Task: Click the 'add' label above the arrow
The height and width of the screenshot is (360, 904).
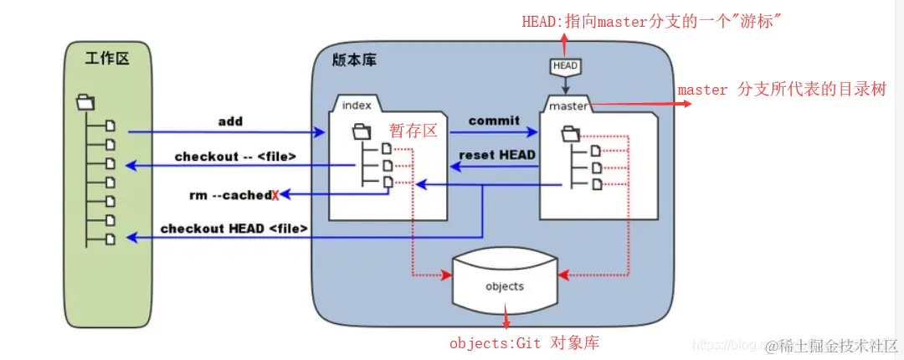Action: pyautogui.click(x=230, y=121)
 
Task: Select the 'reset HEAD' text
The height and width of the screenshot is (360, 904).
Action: pyautogui.click(x=497, y=155)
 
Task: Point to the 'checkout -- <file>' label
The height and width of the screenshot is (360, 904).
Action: pyautogui.click(x=235, y=157)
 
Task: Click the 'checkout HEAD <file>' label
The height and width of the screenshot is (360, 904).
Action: pyautogui.click(x=234, y=228)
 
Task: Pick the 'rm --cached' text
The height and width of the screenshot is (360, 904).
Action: pyautogui.click(x=229, y=195)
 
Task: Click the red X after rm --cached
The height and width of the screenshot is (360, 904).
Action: pyautogui.click(x=275, y=196)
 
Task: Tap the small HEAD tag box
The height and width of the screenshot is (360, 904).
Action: pyautogui.click(x=564, y=65)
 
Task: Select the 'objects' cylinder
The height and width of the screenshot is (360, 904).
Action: pyautogui.click(x=505, y=285)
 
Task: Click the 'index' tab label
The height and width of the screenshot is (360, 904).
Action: pyautogui.click(x=356, y=105)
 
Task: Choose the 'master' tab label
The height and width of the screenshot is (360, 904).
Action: pyautogui.click(x=568, y=106)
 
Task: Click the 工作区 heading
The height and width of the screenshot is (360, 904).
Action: pyautogui.click(x=107, y=58)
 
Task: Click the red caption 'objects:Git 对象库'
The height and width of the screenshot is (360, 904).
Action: pyautogui.click(x=524, y=343)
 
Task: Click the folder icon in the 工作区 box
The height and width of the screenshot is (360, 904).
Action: pyautogui.click(x=85, y=103)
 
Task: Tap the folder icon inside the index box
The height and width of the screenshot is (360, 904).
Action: pyautogui.click(x=362, y=131)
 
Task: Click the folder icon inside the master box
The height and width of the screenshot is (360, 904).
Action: pyautogui.click(x=570, y=132)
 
